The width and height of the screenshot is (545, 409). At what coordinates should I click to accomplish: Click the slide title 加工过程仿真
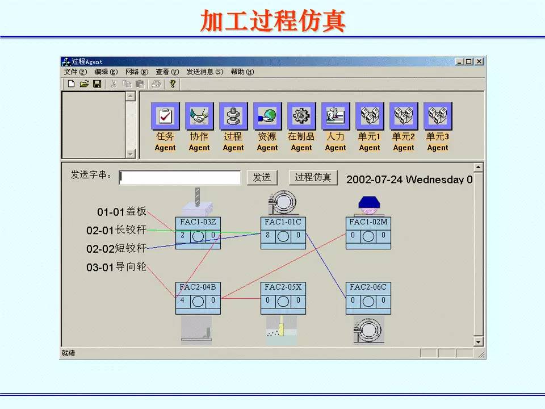272,21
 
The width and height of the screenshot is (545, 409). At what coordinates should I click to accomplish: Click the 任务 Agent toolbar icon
165,116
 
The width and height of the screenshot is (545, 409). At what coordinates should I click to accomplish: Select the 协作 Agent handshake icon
199,116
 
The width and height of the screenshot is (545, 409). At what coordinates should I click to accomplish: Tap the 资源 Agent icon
267,116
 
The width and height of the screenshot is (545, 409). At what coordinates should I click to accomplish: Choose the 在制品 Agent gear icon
301,116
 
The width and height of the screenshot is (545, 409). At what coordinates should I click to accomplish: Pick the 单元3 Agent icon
438,116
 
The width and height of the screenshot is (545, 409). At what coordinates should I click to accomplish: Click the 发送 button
262,177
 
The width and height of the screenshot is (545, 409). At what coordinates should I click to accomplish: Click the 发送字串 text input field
180,178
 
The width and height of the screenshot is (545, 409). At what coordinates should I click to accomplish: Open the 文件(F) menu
75,72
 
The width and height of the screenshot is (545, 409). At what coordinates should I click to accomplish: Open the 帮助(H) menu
242,72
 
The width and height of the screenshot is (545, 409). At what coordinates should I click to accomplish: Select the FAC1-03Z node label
198,222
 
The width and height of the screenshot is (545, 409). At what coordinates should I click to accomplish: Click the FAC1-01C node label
283,222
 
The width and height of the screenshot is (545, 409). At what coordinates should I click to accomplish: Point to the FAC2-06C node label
368,287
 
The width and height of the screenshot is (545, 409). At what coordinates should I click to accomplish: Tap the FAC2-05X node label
283,287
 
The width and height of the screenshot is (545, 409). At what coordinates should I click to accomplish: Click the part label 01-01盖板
121,212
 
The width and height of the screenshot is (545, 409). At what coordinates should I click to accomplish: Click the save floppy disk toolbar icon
97,84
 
